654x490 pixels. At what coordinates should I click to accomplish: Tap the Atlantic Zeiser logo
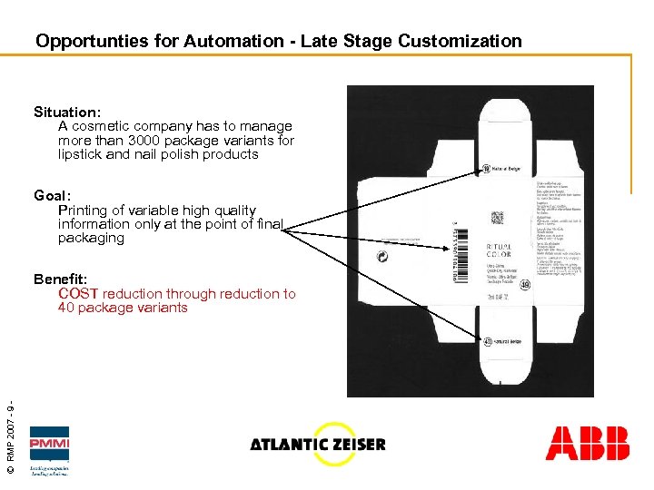point(318,444)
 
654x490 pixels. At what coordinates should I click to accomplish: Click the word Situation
point(66,113)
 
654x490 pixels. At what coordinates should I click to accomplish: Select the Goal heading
point(51,196)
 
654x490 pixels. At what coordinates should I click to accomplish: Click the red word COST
point(78,293)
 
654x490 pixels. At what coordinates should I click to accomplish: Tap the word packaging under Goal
point(91,238)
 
